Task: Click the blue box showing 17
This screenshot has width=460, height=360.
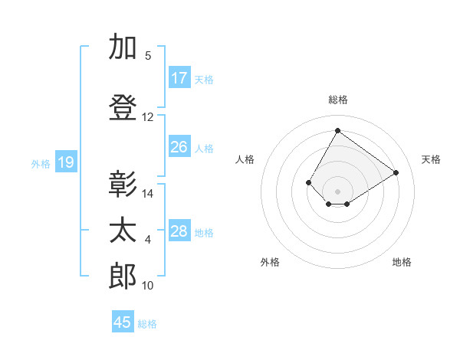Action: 179,78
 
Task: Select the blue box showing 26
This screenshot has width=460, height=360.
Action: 179,147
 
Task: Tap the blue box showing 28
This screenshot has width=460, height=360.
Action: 179,231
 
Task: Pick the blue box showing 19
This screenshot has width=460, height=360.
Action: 66,162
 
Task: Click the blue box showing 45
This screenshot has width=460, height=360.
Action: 123,322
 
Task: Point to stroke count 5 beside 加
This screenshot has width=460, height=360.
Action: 148,56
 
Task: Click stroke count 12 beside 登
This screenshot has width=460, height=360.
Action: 148,117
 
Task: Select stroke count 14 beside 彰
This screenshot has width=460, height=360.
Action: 148,194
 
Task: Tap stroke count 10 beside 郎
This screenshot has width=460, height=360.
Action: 148,286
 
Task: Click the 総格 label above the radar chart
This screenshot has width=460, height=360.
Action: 338,100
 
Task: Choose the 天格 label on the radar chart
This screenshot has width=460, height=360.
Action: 431,159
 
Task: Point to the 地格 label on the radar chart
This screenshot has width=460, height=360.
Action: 402,262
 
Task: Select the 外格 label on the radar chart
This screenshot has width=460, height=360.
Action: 270,262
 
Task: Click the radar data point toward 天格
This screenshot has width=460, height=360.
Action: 396,173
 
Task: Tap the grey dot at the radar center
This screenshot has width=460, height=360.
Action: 337,191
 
